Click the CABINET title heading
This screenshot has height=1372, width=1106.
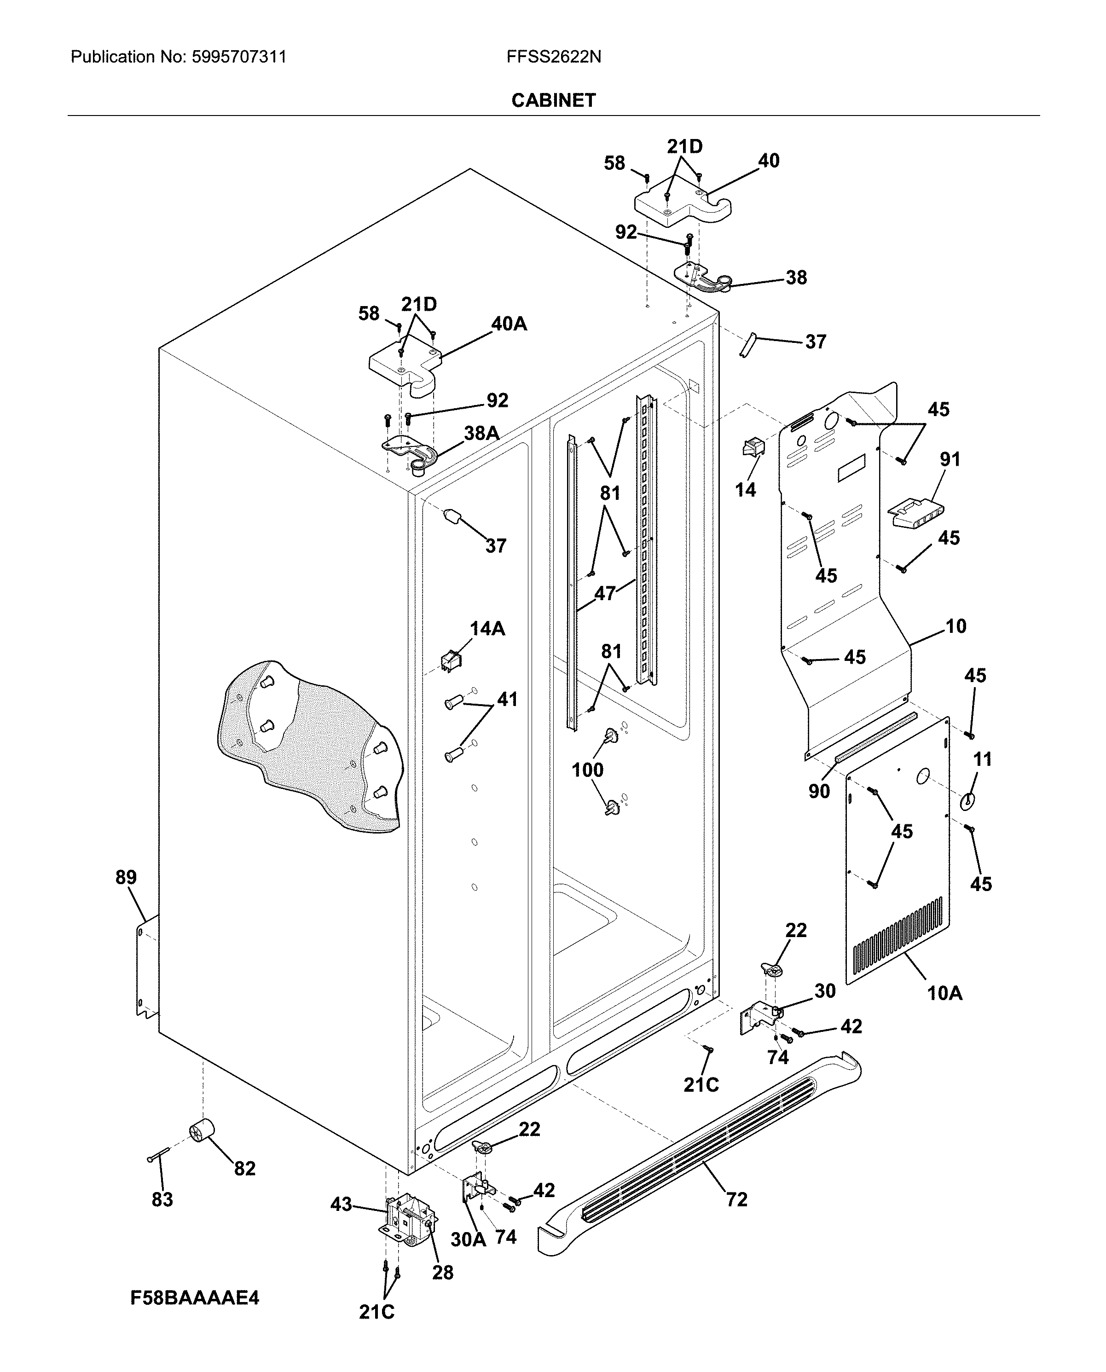click(553, 100)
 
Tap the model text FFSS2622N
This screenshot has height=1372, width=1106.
click(553, 58)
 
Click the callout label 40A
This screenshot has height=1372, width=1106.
click(509, 324)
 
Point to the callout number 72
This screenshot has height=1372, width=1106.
click(736, 1199)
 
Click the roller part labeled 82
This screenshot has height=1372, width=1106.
click(201, 1130)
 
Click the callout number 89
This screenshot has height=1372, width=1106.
click(126, 877)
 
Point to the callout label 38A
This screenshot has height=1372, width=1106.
click(481, 433)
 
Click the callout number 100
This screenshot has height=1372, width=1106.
click(587, 770)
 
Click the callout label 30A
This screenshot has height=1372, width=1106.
click(468, 1239)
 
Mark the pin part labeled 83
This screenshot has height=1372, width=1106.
click(158, 1154)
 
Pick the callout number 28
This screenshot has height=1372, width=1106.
click(442, 1272)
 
